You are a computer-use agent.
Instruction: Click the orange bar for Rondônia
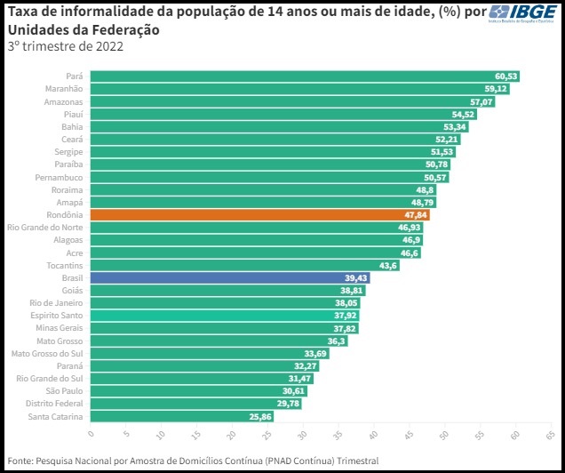coord(258,215)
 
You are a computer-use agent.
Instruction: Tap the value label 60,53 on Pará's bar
coord(506,76)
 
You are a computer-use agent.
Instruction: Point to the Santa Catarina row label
coord(56,416)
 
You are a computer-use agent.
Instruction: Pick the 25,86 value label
coord(260,416)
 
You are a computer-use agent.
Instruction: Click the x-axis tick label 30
coord(303,436)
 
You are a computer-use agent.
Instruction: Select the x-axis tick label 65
coord(550,436)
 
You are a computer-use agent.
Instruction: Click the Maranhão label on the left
coord(64,89)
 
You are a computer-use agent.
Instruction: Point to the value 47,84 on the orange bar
coord(414,215)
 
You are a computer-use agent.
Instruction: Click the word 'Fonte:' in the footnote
coord(21,461)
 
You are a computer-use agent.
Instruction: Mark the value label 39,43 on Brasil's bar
coord(355,278)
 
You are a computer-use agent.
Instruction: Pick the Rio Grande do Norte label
coord(45,228)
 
